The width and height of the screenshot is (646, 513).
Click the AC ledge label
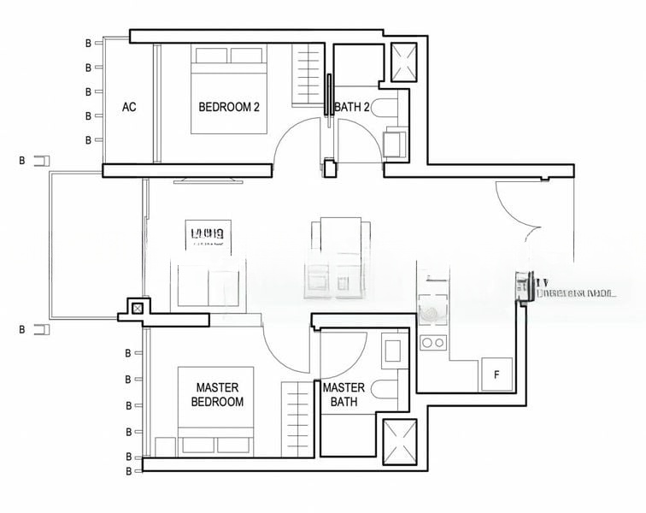coord(129,107)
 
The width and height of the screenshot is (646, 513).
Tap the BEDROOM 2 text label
coord(228,107)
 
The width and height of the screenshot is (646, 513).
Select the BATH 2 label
coord(352,107)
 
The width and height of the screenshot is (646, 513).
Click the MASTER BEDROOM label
coord(217,394)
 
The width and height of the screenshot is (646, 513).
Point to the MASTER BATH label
coord(344,394)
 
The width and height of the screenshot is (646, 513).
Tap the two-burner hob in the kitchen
coord(433,343)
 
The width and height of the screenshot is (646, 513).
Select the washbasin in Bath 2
coord(396,142)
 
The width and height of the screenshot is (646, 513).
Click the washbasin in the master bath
coord(393,351)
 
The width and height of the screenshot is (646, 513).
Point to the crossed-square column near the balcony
coord(137,307)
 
